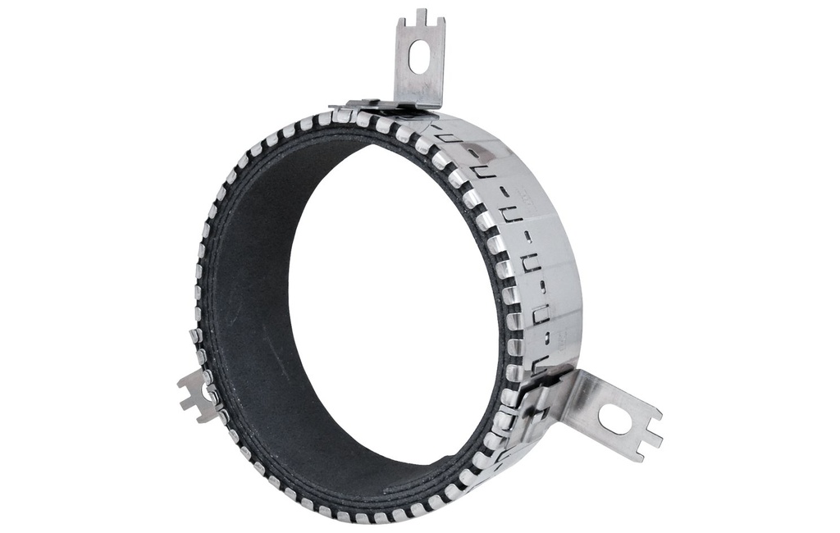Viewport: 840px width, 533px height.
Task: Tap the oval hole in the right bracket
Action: (x=615, y=420)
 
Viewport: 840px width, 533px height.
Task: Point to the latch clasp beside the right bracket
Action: (x=537, y=402)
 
